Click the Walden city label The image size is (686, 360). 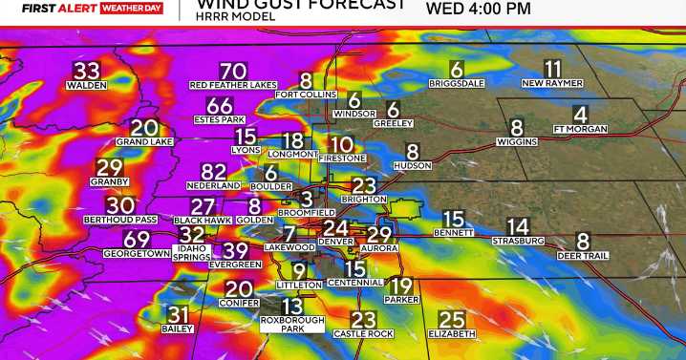85,85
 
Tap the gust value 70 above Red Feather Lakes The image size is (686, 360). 232,72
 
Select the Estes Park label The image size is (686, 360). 220,119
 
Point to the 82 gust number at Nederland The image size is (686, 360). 214,172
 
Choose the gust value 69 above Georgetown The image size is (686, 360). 137,240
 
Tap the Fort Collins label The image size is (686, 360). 305,95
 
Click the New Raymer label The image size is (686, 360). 553,83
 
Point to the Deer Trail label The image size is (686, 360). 583,255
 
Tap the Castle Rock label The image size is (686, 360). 362,333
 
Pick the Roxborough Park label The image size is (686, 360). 291,325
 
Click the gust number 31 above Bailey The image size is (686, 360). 179,314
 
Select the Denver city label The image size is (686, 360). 335,242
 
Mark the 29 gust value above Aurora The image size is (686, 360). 380,234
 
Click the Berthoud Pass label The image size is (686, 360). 119,219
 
